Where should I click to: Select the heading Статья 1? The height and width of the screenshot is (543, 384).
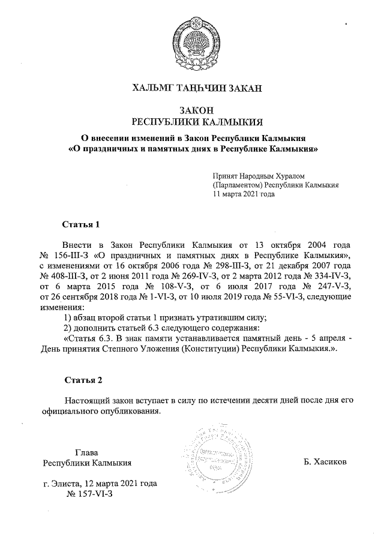tap(80, 224)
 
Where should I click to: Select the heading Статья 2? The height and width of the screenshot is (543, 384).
tap(80, 380)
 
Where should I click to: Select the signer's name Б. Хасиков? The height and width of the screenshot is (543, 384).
tap(325, 463)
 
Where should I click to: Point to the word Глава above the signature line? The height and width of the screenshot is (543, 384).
tap(86, 452)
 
